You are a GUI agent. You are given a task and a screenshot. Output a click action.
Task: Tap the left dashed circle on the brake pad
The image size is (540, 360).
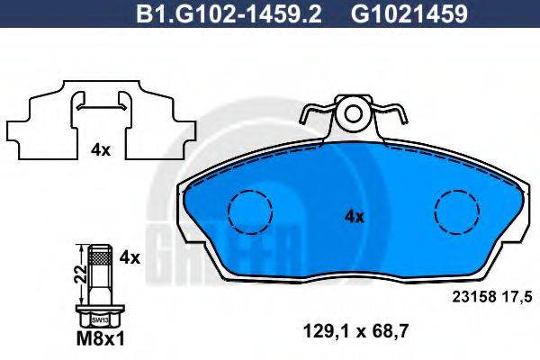(249, 213)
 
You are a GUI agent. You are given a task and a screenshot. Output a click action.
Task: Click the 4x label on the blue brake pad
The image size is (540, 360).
(354, 216)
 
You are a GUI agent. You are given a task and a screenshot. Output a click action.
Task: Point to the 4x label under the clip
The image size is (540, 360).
(99, 150)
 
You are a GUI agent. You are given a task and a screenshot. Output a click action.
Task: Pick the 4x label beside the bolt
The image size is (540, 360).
(130, 257)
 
